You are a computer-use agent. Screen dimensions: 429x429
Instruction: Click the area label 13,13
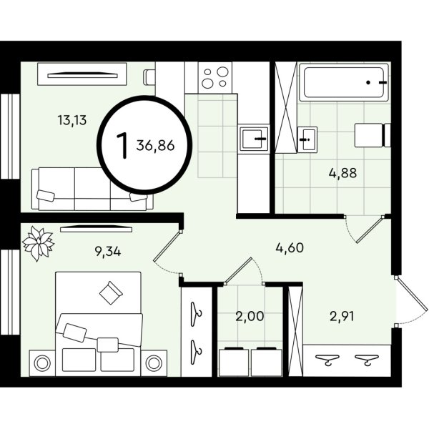[x=72, y=120]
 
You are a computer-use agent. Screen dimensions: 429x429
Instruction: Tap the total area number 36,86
[x=155, y=146]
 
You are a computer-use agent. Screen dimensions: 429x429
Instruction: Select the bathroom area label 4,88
[x=342, y=173]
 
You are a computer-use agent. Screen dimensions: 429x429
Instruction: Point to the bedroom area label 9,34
[x=107, y=251]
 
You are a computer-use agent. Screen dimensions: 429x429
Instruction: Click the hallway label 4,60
[x=290, y=248]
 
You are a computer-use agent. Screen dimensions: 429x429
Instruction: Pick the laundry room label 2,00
[x=250, y=316]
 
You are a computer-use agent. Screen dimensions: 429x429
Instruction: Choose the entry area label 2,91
[x=342, y=317]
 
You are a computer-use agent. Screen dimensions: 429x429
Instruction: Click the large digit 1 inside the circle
[x=122, y=146]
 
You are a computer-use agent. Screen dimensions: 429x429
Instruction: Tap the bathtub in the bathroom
[x=344, y=82]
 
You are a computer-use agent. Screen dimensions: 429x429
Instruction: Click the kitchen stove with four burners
[x=215, y=78]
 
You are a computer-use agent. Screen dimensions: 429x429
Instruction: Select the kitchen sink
[x=254, y=139]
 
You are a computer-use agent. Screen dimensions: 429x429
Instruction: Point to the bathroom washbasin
[x=307, y=139]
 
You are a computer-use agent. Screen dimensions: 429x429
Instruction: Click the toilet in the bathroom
[x=373, y=135]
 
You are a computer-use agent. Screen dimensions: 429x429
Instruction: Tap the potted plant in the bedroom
[x=38, y=243]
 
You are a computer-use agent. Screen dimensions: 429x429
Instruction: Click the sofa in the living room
[x=92, y=189]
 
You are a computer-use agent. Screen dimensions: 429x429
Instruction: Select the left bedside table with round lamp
[x=42, y=363]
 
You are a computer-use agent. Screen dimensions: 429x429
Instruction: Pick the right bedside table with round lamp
[x=154, y=363]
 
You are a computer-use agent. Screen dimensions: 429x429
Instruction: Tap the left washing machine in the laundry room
[x=234, y=361]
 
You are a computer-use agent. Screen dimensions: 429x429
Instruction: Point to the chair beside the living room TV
[x=149, y=77]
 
